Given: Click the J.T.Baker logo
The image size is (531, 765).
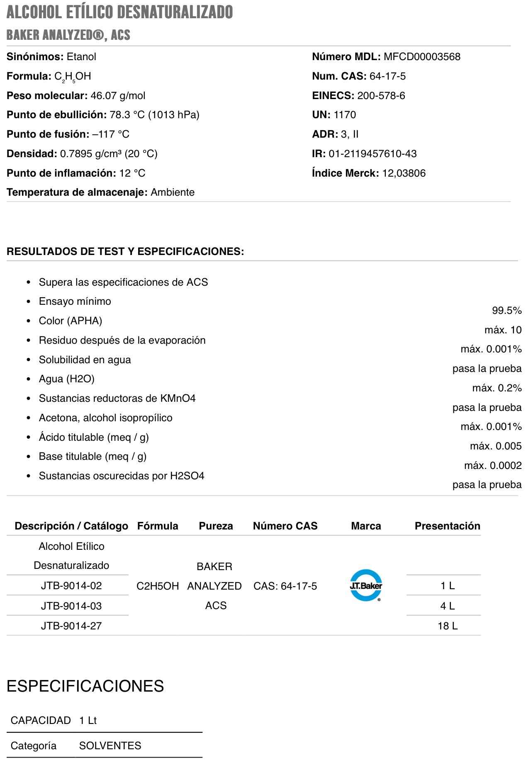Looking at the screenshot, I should pos(365,585).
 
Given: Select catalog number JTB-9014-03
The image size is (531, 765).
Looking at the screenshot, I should pos(71,606).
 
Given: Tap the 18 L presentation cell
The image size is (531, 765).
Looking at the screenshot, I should pos(447,626).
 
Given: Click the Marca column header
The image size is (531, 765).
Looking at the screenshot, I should pos(365,526).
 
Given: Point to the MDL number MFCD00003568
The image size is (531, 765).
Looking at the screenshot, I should pos(422,57).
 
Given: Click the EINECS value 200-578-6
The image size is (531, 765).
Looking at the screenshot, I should pos(381,96).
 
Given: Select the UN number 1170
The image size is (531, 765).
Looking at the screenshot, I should pos(345,115).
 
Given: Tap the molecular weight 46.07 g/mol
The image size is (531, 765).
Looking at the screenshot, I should pos(118,96).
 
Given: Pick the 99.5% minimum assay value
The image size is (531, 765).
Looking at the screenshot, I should pos(507,311).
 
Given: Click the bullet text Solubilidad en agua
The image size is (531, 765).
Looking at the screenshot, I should pos(85,359).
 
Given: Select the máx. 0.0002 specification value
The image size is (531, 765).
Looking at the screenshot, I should pos(493,465).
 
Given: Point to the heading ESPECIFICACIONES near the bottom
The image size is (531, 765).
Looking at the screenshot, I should pos(85,686).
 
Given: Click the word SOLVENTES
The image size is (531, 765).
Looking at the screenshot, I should pos(110,746).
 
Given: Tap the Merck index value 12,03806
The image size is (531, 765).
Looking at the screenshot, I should pos(404,173).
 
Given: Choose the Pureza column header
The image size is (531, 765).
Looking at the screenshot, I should pos(216,526).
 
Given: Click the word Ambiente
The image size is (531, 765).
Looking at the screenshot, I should pos(173,192).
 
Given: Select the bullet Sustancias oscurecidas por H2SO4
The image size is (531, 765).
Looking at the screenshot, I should pos(122,476).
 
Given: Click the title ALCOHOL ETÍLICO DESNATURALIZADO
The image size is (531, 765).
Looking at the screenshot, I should pos(119,12).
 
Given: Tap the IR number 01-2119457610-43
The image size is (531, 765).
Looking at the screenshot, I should pos(373,154).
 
